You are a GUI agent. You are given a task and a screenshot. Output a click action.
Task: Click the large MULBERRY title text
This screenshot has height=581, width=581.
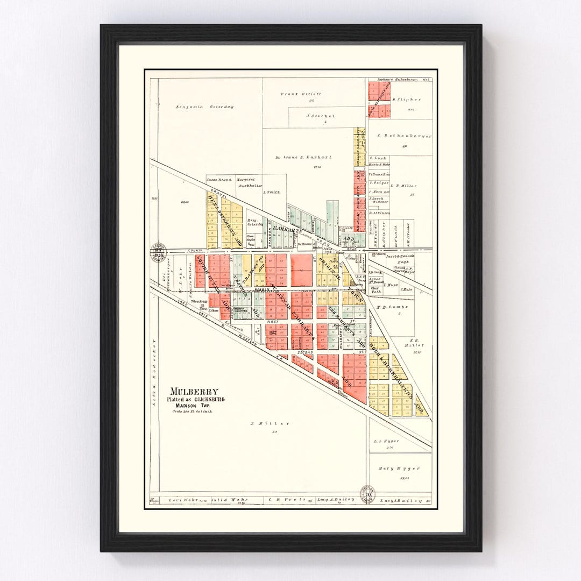coord(193,392)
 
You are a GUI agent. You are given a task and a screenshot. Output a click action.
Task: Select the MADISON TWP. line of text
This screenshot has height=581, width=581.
coord(195,406)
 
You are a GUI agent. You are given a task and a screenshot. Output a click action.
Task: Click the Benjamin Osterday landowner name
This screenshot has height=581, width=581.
coord(204,107)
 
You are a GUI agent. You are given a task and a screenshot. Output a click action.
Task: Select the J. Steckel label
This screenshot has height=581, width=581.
coord(321,116)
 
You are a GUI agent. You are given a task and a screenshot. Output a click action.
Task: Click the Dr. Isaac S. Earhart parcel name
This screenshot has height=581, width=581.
coord(308,157)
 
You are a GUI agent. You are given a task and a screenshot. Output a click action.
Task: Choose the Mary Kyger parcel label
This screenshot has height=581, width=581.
coord(399,468)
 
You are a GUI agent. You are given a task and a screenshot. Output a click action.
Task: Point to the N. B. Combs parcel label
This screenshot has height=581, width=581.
coord(392,307)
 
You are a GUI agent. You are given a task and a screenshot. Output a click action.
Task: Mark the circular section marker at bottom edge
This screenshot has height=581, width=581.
coord(368,493)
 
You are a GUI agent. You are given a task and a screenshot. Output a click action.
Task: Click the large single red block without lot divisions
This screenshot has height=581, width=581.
coord(302,270)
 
